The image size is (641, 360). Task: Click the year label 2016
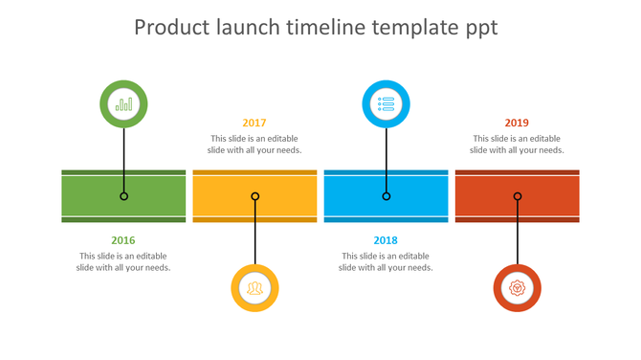(x=123, y=240)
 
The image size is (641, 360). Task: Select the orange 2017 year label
(x=254, y=123)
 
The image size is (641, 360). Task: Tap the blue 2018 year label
(x=386, y=240)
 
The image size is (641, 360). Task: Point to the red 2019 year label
(x=517, y=123)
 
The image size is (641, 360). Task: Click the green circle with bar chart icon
(x=123, y=104)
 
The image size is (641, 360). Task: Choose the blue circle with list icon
(x=386, y=104)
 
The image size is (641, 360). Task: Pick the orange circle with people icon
(x=254, y=287)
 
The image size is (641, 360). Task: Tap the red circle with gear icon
(x=517, y=287)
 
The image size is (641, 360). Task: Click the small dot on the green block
(x=123, y=196)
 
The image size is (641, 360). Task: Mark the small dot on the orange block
(x=254, y=196)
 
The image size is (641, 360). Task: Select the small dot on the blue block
(x=386, y=196)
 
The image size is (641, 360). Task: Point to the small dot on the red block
(x=517, y=196)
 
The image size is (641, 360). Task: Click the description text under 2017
(x=254, y=144)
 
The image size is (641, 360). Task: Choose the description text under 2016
(x=123, y=261)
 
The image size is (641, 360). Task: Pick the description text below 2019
(x=517, y=144)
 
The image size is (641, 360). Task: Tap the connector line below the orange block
(x=254, y=239)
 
